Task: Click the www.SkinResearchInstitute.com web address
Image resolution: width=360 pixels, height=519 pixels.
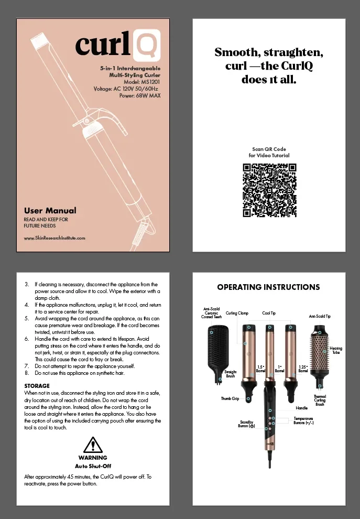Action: click(x=54, y=238)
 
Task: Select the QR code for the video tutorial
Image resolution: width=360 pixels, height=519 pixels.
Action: click(x=269, y=190)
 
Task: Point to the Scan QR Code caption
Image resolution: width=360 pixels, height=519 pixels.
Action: click(x=269, y=149)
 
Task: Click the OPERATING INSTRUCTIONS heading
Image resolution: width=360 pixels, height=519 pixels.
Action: click(x=268, y=287)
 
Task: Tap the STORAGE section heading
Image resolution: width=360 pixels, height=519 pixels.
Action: click(x=37, y=386)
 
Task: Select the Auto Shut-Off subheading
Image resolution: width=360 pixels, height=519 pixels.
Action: click(x=92, y=466)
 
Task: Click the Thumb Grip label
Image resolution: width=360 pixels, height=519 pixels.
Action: click(x=230, y=399)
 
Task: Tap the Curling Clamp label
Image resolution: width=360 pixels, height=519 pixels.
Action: click(x=237, y=313)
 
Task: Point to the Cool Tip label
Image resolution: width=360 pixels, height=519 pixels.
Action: click(x=269, y=313)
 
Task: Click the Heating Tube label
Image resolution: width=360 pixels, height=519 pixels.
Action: click(x=336, y=350)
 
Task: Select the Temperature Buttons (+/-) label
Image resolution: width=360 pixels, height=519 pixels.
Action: click(x=303, y=420)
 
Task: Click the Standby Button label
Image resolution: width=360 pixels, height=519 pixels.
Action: click(x=246, y=424)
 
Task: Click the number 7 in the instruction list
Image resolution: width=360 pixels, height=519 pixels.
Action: click(x=27, y=366)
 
